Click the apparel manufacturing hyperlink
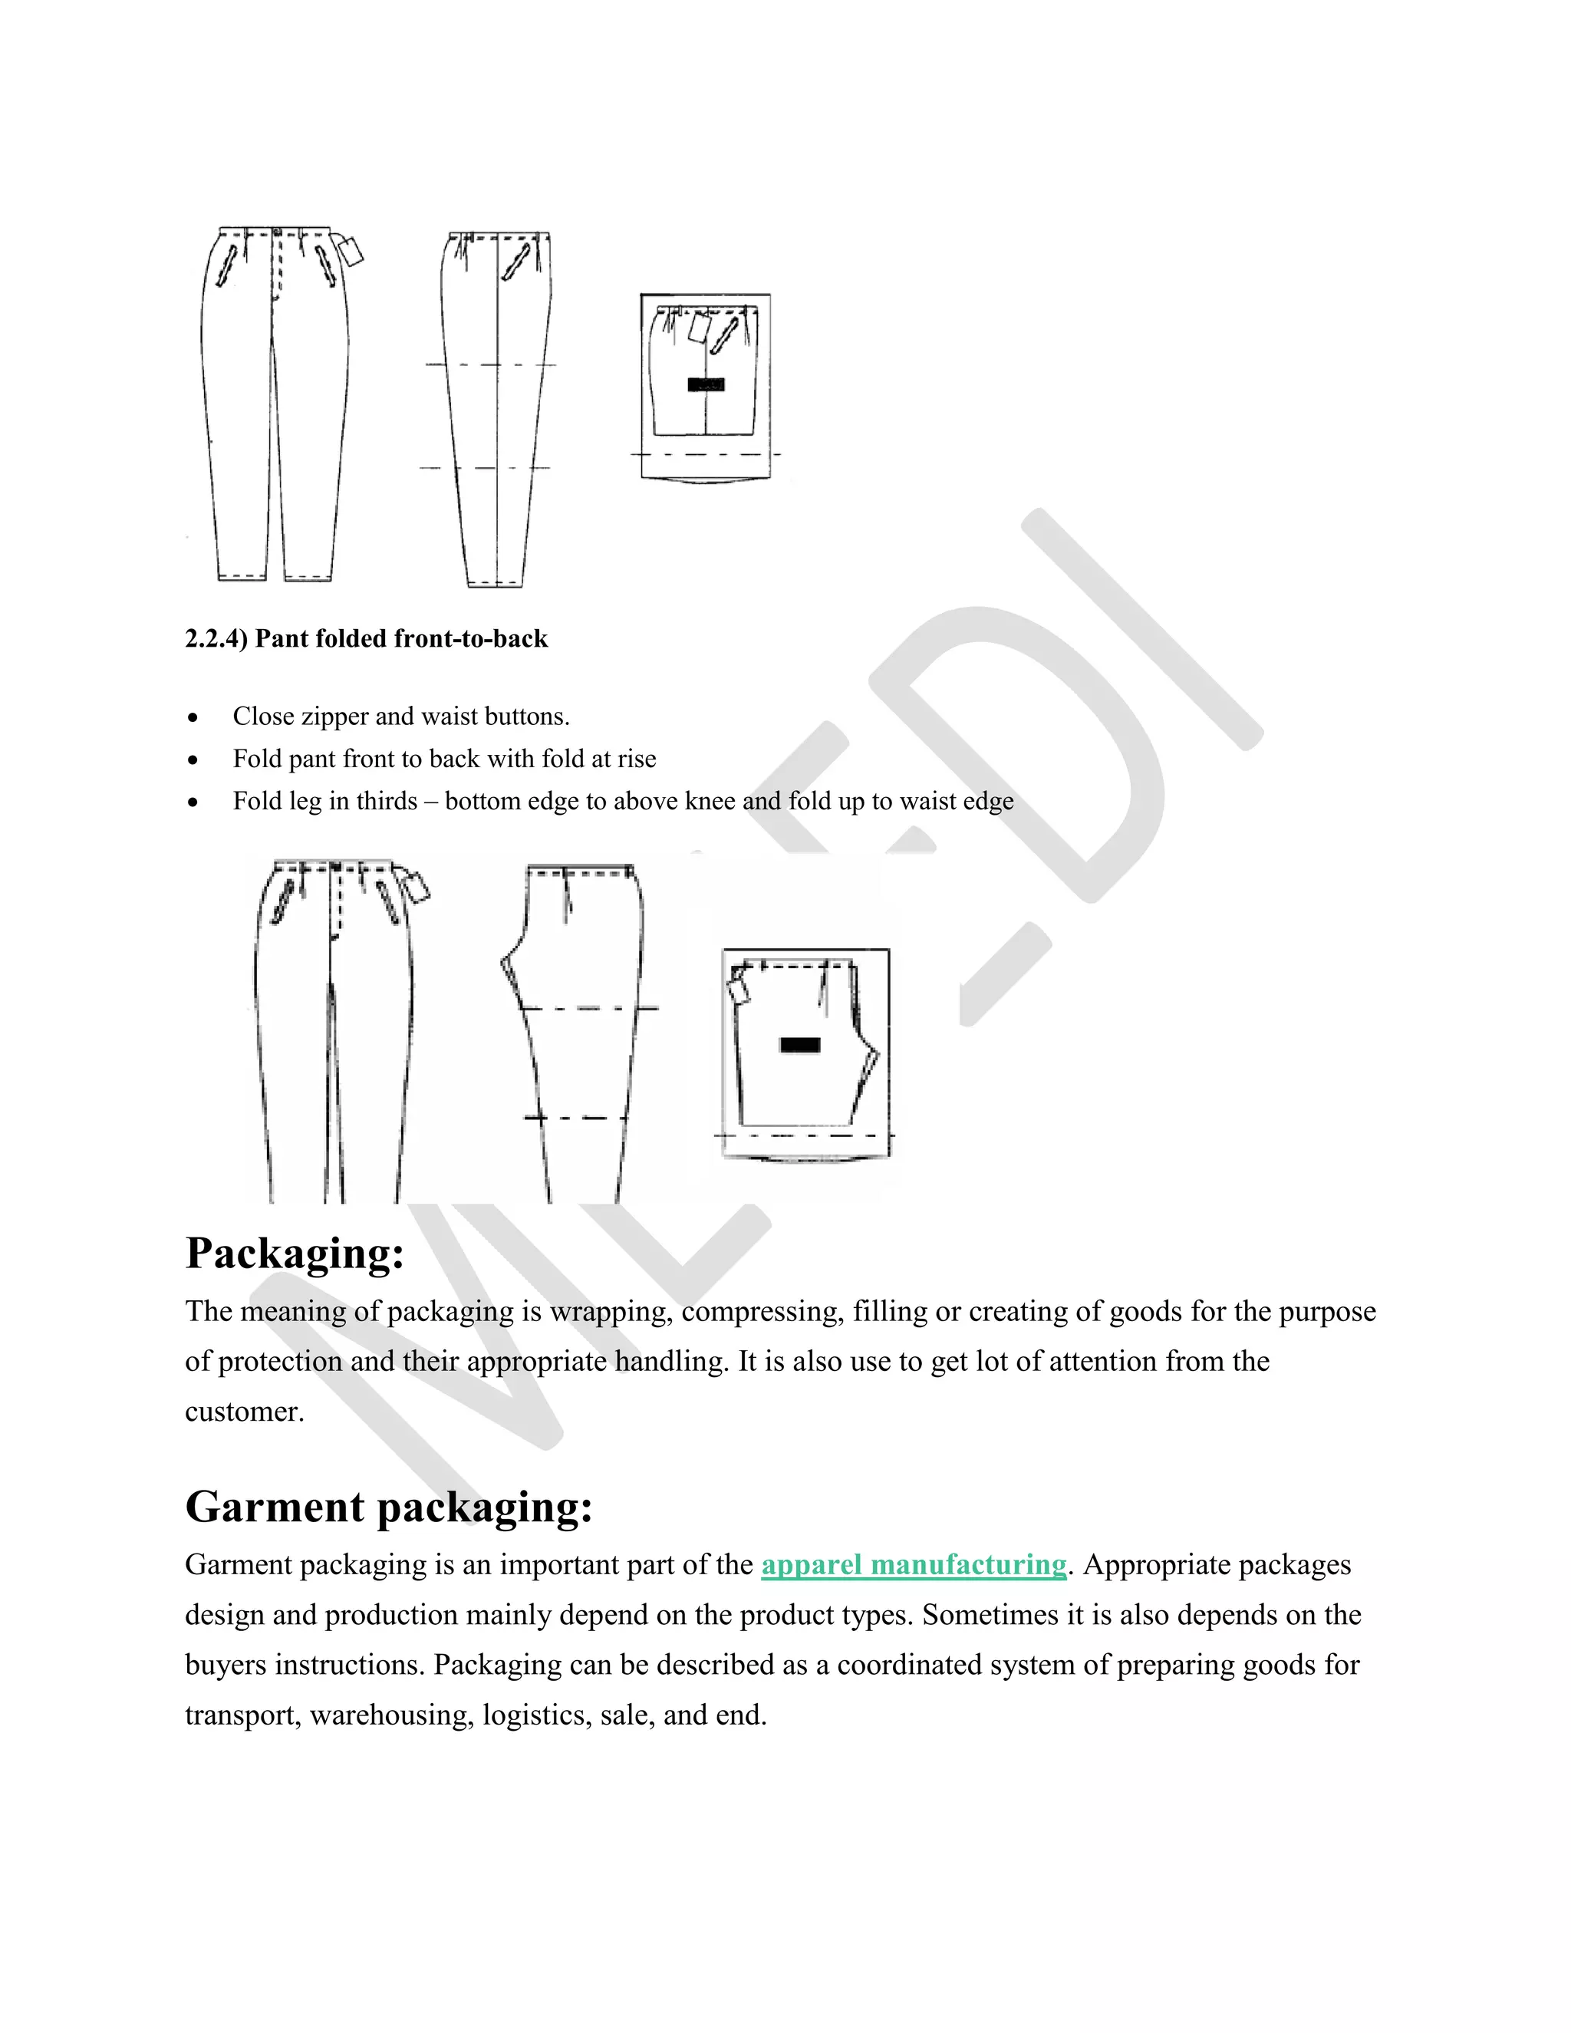point(913,1565)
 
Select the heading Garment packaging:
point(388,1506)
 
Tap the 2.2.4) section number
point(216,638)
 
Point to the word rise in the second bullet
point(637,759)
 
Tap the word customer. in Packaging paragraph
point(244,1412)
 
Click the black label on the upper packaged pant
point(706,384)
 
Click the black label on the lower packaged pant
point(799,1044)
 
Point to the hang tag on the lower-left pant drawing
point(417,886)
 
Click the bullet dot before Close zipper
point(193,718)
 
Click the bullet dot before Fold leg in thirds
point(193,802)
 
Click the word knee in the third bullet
point(710,802)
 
